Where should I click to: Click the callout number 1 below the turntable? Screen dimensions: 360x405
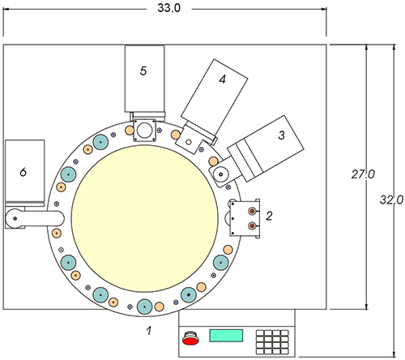point(148,330)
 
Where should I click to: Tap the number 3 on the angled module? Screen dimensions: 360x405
point(281,135)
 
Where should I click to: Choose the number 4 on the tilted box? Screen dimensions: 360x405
point(221,79)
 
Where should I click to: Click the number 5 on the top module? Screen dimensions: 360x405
point(143,71)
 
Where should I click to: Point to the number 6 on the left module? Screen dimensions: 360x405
point(23,172)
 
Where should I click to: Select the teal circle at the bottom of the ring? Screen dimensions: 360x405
point(145,306)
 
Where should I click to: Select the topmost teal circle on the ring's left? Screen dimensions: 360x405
point(100,144)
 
